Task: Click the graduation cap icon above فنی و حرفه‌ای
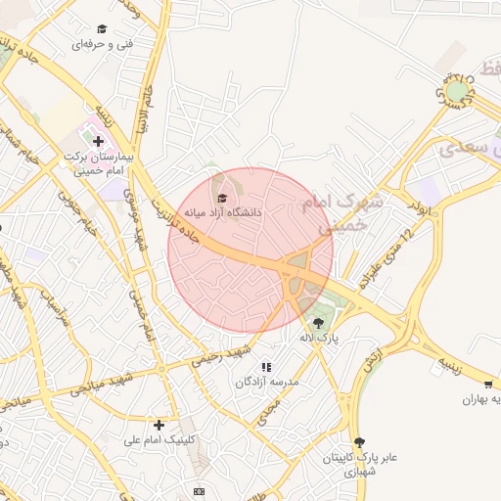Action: click(x=103, y=29)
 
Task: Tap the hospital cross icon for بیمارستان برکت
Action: click(x=98, y=142)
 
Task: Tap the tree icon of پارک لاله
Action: click(x=317, y=322)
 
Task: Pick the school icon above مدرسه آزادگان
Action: click(x=265, y=367)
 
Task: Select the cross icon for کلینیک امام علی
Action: click(x=159, y=425)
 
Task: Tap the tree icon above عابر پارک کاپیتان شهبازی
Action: click(x=360, y=442)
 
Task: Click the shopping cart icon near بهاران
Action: click(x=488, y=385)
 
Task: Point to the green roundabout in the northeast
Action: click(x=451, y=92)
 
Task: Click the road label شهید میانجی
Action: click(x=99, y=386)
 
